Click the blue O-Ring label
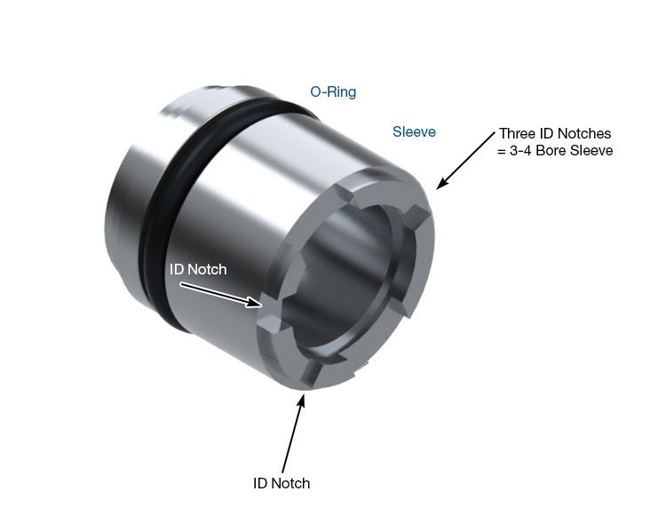pos(333,91)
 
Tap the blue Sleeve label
pos(414,131)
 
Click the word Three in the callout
pos(518,133)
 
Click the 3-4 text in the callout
pos(520,150)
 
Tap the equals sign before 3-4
pos(502,151)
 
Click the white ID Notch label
pos(198,269)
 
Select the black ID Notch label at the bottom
pos(281,483)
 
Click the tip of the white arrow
pos(261,305)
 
